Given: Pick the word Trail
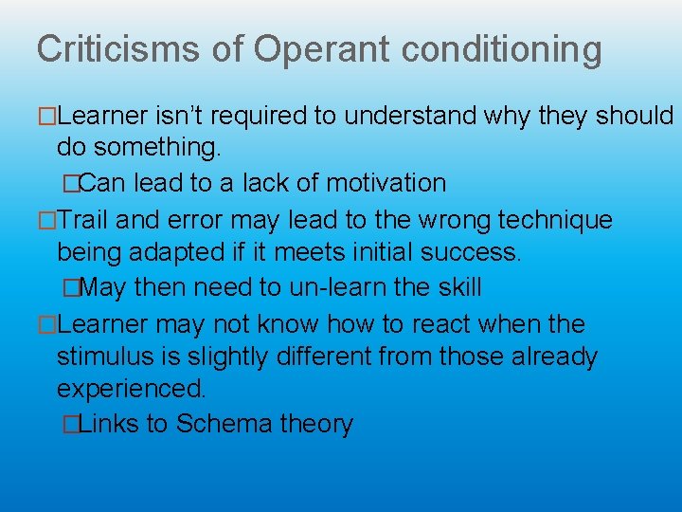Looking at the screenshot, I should pos(86,221).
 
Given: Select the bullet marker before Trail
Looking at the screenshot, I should pos(47,221).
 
